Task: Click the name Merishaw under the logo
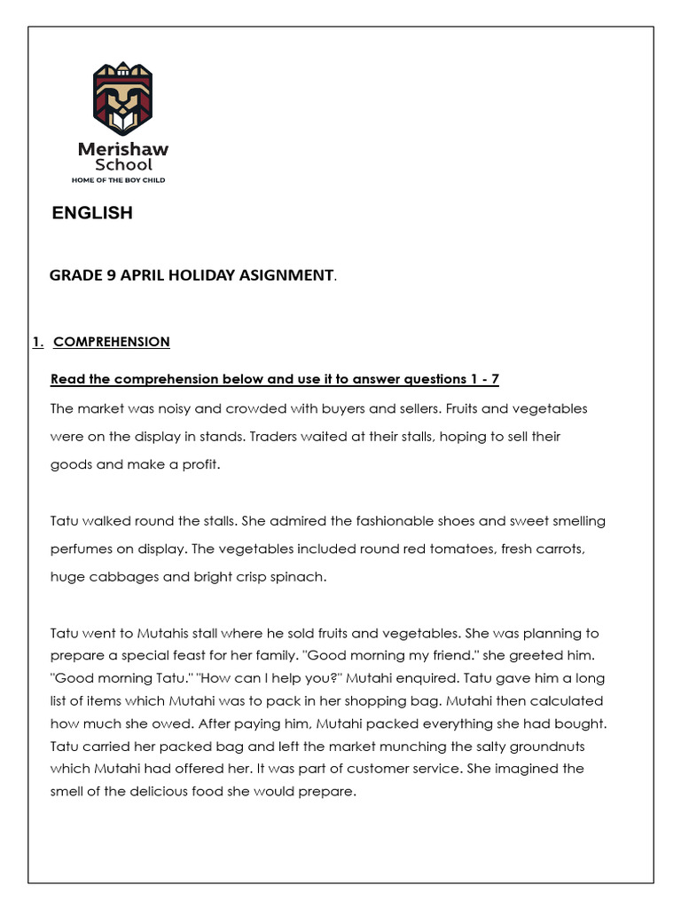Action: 122,149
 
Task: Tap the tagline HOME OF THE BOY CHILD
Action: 119,179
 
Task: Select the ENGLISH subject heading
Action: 92,213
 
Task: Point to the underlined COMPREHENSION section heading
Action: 112,342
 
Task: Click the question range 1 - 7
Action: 483,379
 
